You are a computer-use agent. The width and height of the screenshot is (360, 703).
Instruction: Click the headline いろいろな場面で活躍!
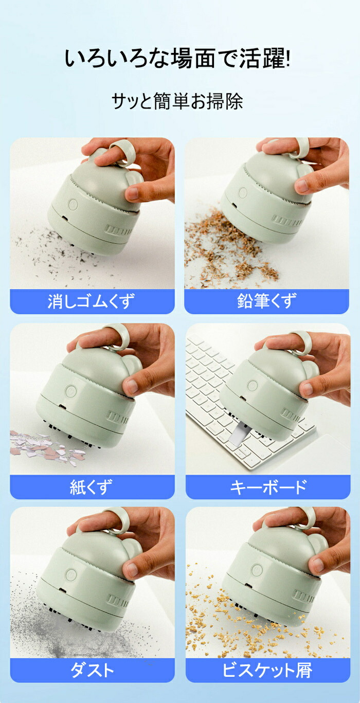[x=177, y=58]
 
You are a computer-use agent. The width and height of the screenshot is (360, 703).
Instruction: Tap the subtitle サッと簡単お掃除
[x=177, y=101]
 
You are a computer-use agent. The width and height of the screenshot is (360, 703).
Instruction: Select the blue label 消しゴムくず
[x=92, y=301]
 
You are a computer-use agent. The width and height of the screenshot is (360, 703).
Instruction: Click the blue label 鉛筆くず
[x=266, y=301]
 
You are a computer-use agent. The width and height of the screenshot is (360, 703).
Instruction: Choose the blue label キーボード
[x=268, y=487]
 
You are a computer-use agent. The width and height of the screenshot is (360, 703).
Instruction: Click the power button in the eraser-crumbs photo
[x=73, y=205]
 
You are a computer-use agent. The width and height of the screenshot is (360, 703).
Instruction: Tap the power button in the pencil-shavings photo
[x=243, y=193]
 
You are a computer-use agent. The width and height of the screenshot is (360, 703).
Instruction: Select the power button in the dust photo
[x=71, y=574]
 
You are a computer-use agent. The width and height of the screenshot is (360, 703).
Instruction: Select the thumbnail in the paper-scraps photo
[x=132, y=387]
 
